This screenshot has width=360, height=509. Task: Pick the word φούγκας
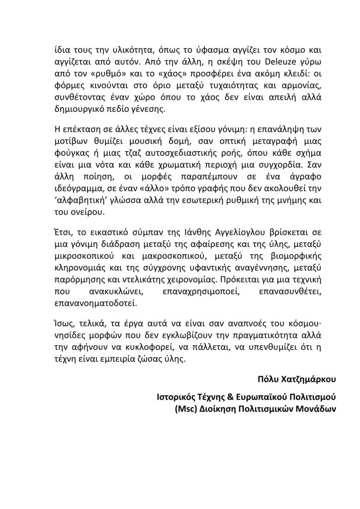click(x=71, y=150)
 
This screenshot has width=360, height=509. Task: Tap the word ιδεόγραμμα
click(x=76, y=188)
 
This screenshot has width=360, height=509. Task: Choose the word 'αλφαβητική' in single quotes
click(x=79, y=201)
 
